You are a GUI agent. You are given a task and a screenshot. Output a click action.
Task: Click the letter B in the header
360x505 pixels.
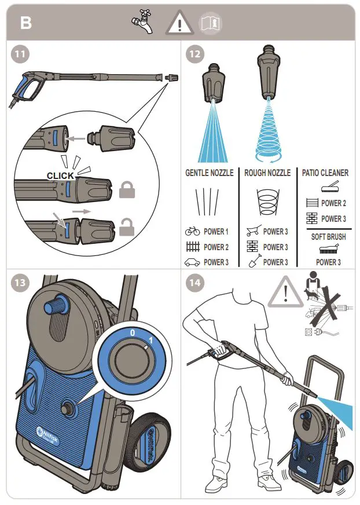pos(27,23)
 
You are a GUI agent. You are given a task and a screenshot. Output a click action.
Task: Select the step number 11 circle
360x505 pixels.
pos(21,55)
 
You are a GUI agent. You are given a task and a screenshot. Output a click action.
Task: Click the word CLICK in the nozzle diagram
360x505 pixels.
pos(60,175)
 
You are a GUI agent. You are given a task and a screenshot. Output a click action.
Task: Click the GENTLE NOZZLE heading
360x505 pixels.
pos(209,173)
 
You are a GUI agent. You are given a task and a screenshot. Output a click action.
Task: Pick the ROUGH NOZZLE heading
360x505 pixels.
pos(267,173)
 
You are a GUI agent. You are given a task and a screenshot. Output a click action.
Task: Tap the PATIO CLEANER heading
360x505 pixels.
pos(325,173)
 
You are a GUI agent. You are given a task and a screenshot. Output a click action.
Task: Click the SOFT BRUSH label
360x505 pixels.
pos(328,236)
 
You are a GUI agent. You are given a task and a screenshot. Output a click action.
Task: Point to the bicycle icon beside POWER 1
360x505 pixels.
pos(192,232)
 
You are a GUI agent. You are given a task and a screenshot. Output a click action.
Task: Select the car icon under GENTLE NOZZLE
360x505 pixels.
pos(192,262)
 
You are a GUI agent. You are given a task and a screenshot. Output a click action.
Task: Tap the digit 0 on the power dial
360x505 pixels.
pos(133,333)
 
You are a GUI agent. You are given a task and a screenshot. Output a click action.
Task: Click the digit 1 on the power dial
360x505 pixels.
pos(150,339)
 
